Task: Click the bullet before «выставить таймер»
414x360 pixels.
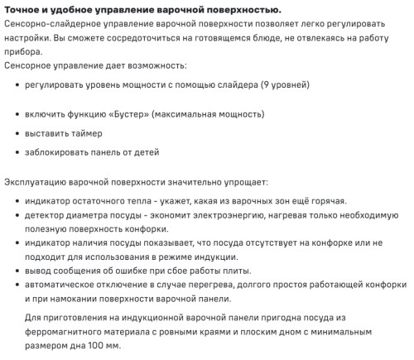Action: pos(17,132)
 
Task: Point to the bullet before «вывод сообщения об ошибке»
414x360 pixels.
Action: pos(17,272)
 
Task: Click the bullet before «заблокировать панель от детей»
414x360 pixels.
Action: pos(17,152)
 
